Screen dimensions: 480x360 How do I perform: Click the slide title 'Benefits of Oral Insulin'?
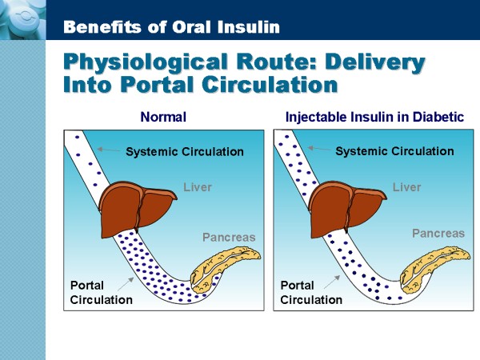pyautogui.click(x=171, y=27)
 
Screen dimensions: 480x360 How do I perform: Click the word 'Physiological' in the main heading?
pyautogui.click(x=146, y=62)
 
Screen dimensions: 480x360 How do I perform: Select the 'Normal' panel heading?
pyautogui.click(x=163, y=117)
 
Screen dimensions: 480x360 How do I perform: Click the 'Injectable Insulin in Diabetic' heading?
pyautogui.click(x=374, y=118)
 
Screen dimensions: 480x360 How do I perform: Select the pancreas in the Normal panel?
pyautogui.click(x=225, y=268)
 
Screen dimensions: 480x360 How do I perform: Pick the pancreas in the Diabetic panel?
pyautogui.click(x=434, y=266)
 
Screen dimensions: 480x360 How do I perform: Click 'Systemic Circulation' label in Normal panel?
pyautogui.click(x=185, y=151)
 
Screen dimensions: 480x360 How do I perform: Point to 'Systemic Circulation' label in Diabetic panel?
pyautogui.click(x=394, y=151)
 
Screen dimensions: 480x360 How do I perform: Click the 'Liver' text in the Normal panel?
pyautogui.click(x=198, y=187)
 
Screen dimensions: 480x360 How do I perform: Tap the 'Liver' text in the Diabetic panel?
pyautogui.click(x=407, y=187)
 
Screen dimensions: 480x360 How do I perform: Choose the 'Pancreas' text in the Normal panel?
pyautogui.click(x=229, y=238)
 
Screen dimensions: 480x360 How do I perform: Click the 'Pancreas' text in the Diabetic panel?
pyautogui.click(x=438, y=234)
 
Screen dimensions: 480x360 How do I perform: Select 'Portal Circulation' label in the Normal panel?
pyautogui.click(x=102, y=292)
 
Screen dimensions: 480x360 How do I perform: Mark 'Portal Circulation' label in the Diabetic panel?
pyautogui.click(x=311, y=292)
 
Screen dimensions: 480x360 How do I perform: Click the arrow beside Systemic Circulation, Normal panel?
pyautogui.click(x=108, y=150)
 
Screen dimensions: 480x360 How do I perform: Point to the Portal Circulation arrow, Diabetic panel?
pyautogui.click(x=332, y=282)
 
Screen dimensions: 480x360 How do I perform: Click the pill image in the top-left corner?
pyautogui.click(x=22, y=19)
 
